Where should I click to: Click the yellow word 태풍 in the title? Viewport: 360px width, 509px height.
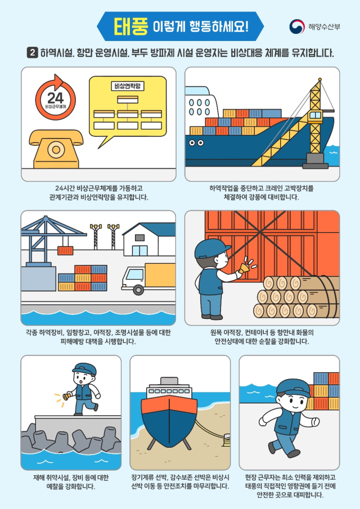click(131, 26)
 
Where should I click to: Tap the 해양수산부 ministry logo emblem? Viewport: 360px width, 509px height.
click(296, 26)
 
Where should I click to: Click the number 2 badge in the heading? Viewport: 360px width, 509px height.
click(33, 53)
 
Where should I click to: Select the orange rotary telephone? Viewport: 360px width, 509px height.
click(56, 148)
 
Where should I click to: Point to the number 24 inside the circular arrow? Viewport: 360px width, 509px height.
click(56, 98)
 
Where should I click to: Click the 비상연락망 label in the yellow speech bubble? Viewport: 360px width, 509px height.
click(128, 86)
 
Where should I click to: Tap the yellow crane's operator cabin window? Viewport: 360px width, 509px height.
click(315, 115)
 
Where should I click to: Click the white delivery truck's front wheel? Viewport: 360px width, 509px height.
click(138, 290)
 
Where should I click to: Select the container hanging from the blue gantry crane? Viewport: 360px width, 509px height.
click(65, 250)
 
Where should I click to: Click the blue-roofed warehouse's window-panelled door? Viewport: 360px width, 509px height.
click(139, 250)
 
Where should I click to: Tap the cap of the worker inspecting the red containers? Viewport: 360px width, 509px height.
click(211, 247)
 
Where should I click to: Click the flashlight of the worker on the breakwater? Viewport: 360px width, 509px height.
click(66, 397)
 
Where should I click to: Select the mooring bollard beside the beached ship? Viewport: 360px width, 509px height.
click(226, 440)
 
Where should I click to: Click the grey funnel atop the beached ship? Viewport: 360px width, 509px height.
click(169, 381)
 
